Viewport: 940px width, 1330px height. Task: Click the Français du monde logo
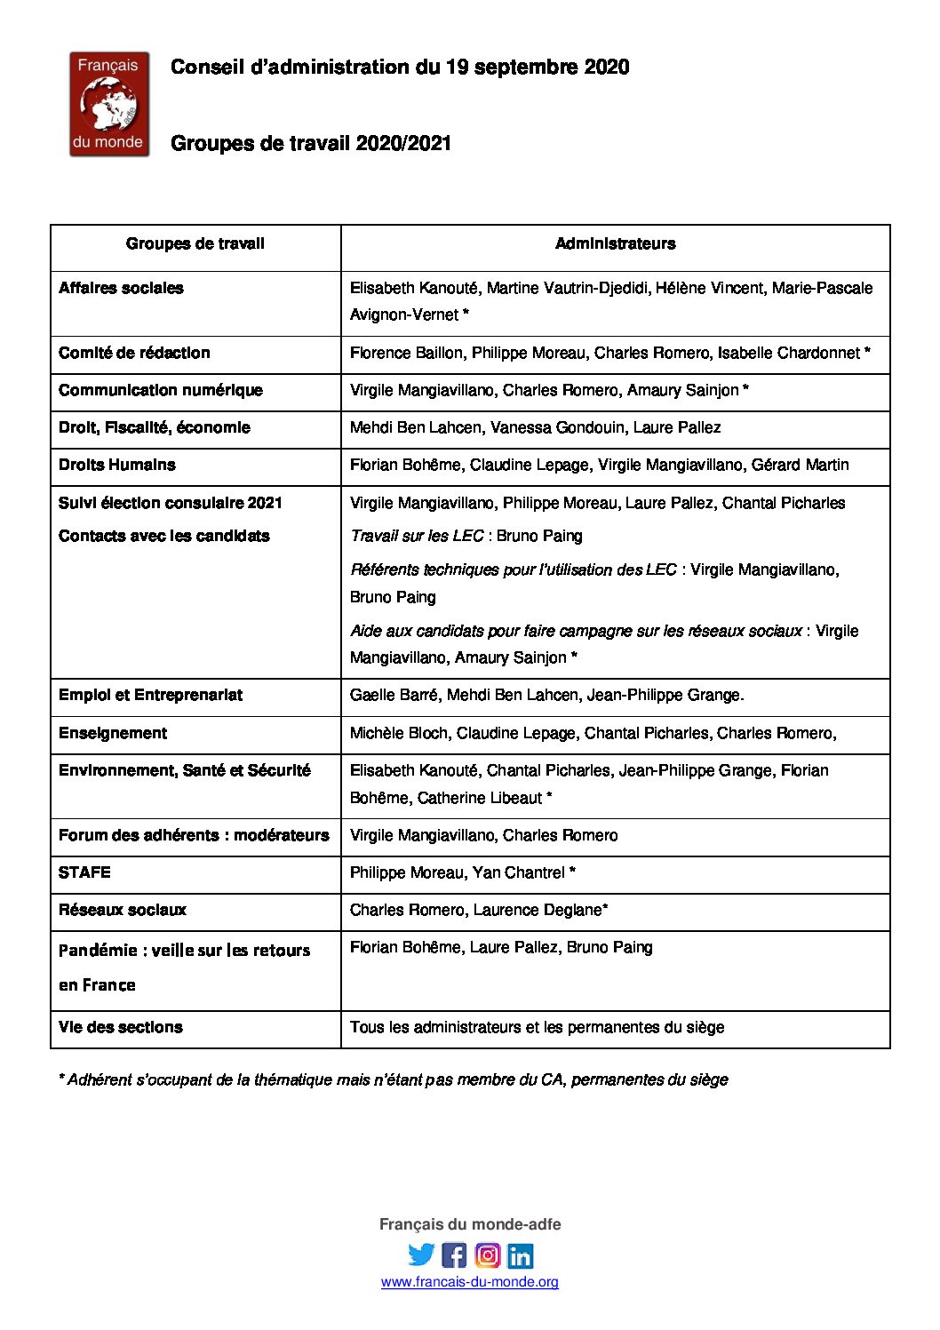109,104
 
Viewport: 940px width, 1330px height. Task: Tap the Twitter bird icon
421,1254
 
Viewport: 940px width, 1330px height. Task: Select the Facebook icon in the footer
454,1254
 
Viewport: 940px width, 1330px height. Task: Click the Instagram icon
487,1254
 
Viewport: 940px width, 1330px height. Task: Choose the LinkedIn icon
521,1254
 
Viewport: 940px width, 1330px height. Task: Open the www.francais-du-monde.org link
470,1282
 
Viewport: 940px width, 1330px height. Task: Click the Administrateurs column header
615,243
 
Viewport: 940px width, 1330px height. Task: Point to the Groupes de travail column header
195,243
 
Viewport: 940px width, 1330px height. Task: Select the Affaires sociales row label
121,288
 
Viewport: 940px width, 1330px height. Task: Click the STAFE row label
84,872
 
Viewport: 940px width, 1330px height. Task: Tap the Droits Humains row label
117,465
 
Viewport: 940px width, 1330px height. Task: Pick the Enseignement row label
113,733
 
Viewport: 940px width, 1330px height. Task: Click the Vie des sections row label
121,1027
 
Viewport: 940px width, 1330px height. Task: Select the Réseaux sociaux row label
123,910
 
